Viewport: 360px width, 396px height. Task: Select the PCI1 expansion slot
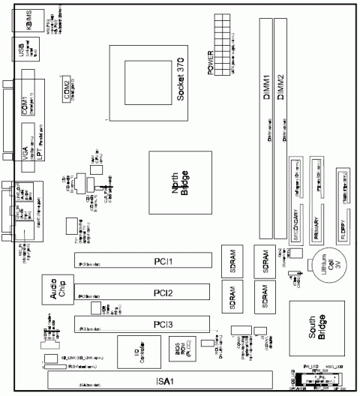click(142, 261)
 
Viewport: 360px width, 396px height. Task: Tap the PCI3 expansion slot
click(142, 324)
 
